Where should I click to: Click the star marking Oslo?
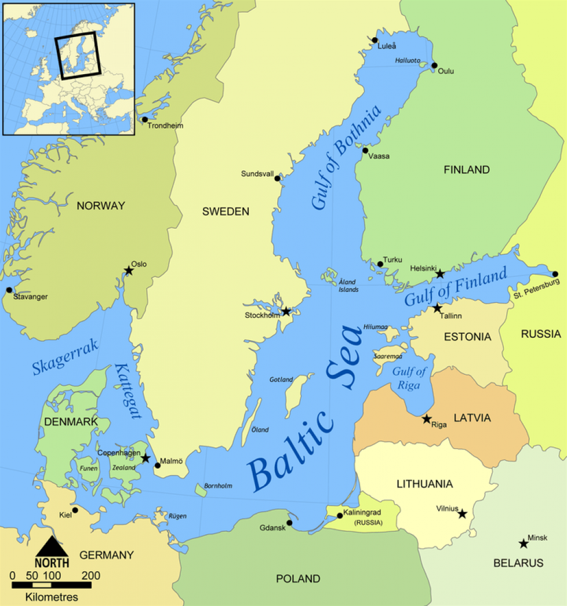[x=129, y=271]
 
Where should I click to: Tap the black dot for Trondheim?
[x=145, y=120]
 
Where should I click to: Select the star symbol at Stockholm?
[x=286, y=312]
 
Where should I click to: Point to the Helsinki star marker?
[x=440, y=274]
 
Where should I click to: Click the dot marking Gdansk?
[x=290, y=523]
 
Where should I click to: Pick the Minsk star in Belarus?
[x=524, y=543]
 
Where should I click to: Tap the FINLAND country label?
[x=467, y=170]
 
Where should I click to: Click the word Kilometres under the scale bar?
[x=52, y=597]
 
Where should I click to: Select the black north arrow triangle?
[x=52, y=546]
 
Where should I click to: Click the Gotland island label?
[x=281, y=380]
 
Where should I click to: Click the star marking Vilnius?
[x=462, y=514]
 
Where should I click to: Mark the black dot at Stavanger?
[x=9, y=290]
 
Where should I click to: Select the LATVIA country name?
[x=472, y=418]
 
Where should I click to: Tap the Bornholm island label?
[x=218, y=486]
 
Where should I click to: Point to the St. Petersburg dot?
[x=555, y=275]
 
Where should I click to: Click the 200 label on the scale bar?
[x=91, y=576]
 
